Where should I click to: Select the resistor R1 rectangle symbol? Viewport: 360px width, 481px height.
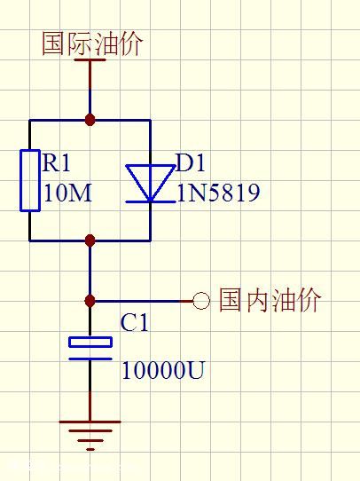29,180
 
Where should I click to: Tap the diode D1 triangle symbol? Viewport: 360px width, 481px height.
149,182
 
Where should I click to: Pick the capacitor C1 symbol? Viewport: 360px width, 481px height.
90,349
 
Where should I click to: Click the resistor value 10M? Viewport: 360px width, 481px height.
67,193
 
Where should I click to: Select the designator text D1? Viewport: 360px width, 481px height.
192,163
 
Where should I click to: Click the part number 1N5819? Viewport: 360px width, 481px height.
218,193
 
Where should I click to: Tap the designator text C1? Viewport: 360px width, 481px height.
135,323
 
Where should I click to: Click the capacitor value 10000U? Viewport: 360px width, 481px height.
162,370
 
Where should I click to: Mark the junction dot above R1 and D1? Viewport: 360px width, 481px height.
90,119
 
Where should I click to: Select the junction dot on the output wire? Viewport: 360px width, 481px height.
90,301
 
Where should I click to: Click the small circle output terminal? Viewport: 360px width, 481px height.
201,301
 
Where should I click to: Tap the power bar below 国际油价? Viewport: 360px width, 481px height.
90,61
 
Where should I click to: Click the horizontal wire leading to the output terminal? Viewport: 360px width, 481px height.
142,301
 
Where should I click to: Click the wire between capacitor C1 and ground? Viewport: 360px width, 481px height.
90,390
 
